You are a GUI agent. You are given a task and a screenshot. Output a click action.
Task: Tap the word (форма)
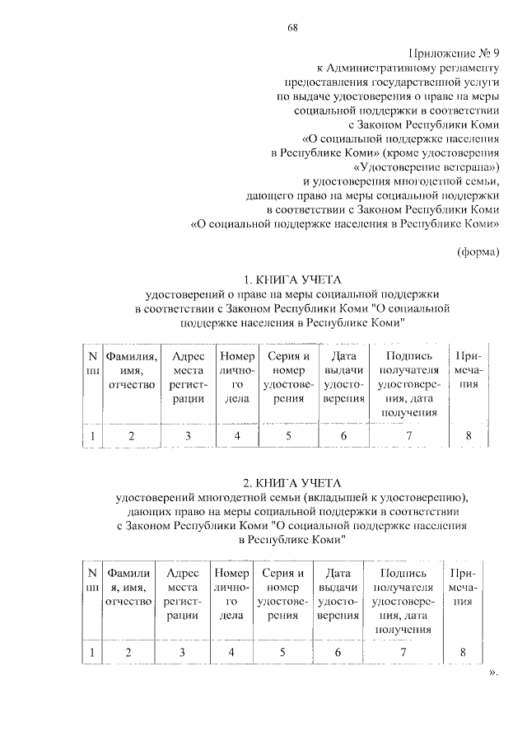click(478, 252)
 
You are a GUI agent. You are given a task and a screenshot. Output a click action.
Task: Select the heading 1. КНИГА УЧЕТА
click(291, 279)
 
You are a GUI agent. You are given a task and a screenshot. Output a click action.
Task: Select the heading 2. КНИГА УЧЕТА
click(291, 481)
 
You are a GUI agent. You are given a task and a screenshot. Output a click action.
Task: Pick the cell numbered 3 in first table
click(188, 436)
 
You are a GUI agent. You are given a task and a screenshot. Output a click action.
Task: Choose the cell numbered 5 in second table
click(282, 653)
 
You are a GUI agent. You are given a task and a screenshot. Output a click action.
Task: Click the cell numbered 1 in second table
click(92, 653)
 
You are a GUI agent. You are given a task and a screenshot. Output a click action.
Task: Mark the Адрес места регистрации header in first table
click(188, 378)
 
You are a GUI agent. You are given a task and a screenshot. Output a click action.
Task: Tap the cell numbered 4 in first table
click(237, 436)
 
